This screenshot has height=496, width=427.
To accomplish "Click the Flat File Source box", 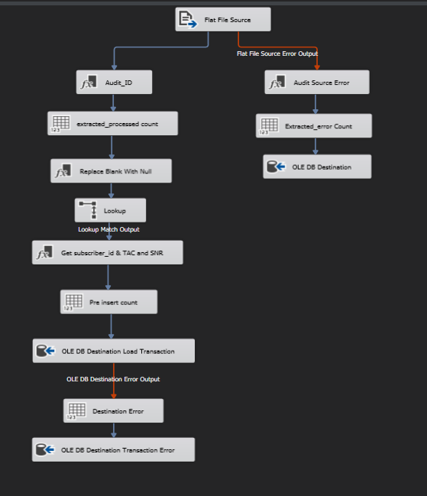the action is pos(223,19).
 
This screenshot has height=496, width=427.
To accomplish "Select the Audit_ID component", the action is pos(114,82).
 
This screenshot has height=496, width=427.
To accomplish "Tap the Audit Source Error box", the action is pos(317,82).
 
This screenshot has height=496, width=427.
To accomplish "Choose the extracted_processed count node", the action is pos(112,123).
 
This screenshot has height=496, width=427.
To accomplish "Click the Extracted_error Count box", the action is pos(313,125).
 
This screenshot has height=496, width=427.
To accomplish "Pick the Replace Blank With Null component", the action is pos(111,171).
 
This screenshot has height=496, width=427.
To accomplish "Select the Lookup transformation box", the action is pos(110,210).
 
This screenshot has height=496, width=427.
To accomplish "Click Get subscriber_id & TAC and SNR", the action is pos(107,252).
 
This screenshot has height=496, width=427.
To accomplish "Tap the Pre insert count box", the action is pos(108,302).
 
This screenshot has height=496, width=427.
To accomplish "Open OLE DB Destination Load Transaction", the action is pos(114,351).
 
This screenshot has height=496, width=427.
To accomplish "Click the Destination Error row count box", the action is pos(113,410).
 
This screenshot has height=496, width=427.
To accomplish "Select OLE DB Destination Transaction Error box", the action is pos(113,449).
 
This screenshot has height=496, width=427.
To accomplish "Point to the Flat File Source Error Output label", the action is pos(277,53).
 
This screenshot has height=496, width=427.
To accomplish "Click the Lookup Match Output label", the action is pos(108,229).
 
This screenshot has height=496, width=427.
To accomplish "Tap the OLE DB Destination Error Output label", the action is pos(113,379).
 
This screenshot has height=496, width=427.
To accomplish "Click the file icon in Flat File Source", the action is pos(188,19).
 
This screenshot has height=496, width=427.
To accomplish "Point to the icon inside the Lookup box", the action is pos(88,210).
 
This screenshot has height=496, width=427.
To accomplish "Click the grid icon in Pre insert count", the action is pos(73,302).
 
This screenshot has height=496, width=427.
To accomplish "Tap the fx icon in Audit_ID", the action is pos(89,82).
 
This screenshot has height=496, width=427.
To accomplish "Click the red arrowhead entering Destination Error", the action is pos(114,397).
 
